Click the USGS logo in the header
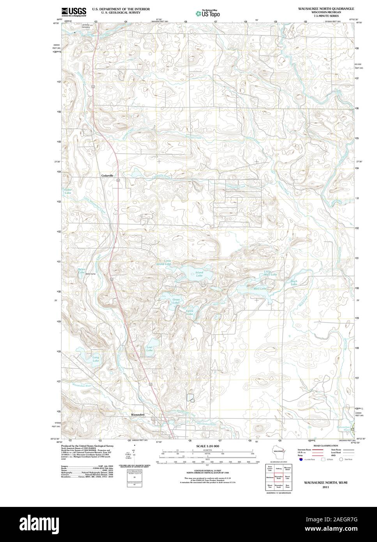click(x=74, y=12)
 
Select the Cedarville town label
click(x=107, y=176)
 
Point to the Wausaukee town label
click(x=138, y=414)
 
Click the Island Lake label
click(x=199, y=274)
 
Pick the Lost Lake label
click(x=149, y=349)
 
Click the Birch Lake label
click(x=294, y=283)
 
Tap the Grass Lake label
click(x=176, y=301)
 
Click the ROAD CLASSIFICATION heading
click(x=322, y=445)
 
